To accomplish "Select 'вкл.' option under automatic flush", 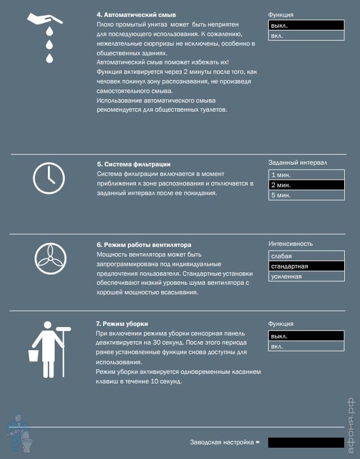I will pos(305,36).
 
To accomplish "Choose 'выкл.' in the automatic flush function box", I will pos(305,25).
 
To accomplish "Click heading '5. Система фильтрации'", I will pos(134,164).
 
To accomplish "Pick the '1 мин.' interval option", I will pos(305,175).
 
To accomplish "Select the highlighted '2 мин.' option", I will pos(305,185).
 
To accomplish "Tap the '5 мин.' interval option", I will pos(305,195).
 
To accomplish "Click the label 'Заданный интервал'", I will pos(297,163).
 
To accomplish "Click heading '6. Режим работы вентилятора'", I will pos(144,245).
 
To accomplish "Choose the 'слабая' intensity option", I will pos(305,256).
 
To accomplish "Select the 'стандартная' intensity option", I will pos(305,266).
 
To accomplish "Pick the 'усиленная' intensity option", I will pos(305,276).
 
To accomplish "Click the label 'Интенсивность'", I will pos(291,244).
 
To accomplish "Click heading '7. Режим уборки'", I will pos(122,324).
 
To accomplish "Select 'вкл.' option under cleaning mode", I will pos(305,346).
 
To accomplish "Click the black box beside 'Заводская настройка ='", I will pos(306,443).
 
